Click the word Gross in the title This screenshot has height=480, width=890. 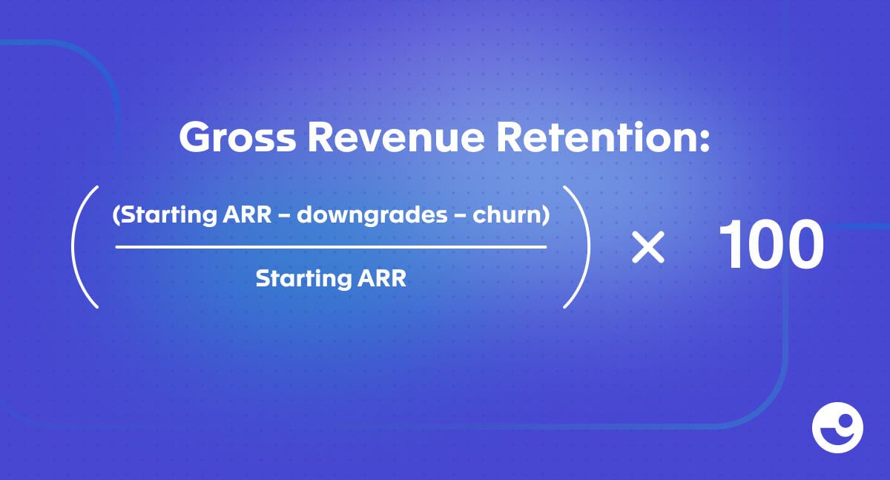[237, 137]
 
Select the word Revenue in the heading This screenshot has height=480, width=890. [397, 137]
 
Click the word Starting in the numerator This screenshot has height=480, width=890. [168, 215]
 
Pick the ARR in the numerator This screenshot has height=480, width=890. [247, 214]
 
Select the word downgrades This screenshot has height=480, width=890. [372, 216]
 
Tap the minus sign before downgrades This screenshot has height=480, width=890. [285, 216]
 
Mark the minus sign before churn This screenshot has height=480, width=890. [461, 216]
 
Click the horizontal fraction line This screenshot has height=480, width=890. [331, 247]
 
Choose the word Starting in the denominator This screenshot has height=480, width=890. [303, 279]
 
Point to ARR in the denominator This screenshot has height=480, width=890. [382, 278]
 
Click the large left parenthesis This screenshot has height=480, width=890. [73, 246]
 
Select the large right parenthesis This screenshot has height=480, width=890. [588, 246]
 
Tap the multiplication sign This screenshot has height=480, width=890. [648, 247]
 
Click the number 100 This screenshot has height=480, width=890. [771, 244]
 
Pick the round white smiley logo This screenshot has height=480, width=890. [837, 427]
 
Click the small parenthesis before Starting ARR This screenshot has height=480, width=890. [116, 215]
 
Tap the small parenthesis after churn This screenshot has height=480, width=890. [546, 215]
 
